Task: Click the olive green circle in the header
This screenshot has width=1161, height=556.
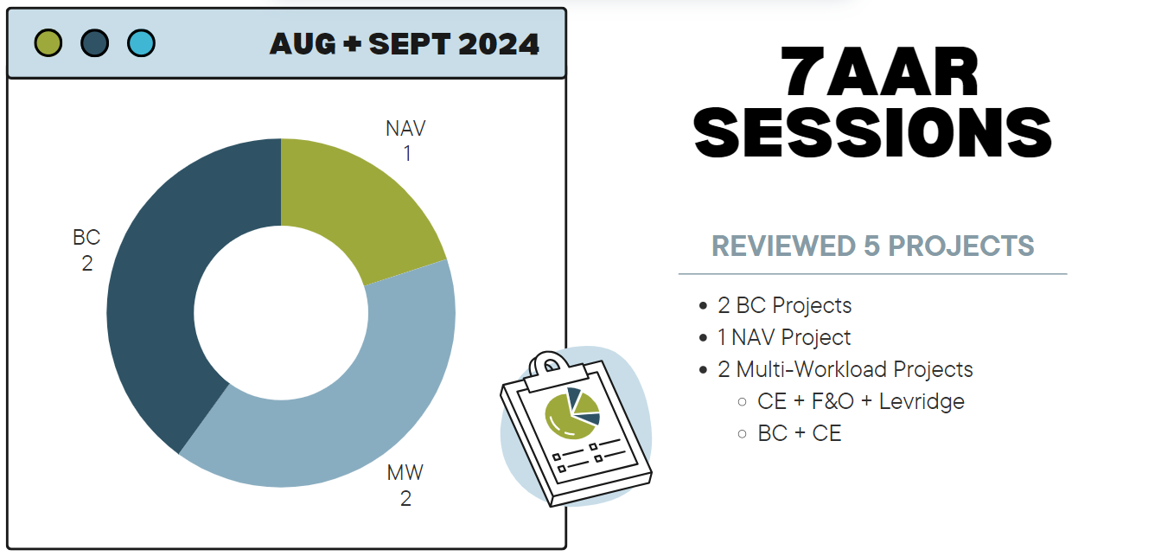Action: [48, 43]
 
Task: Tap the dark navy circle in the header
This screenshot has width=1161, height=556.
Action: [95, 43]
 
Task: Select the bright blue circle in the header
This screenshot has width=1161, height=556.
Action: [141, 43]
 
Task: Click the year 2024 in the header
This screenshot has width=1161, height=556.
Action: [499, 44]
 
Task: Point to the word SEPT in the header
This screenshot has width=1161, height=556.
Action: [410, 44]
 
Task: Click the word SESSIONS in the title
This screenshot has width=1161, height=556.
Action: [873, 132]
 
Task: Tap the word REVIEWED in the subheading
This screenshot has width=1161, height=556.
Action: [783, 246]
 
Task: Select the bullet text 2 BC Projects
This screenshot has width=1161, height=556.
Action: [784, 305]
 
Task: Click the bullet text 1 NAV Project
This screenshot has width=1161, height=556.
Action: [784, 337]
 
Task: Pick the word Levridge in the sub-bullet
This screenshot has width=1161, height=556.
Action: [922, 402]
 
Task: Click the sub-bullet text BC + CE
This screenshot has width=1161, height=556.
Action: [800, 433]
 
